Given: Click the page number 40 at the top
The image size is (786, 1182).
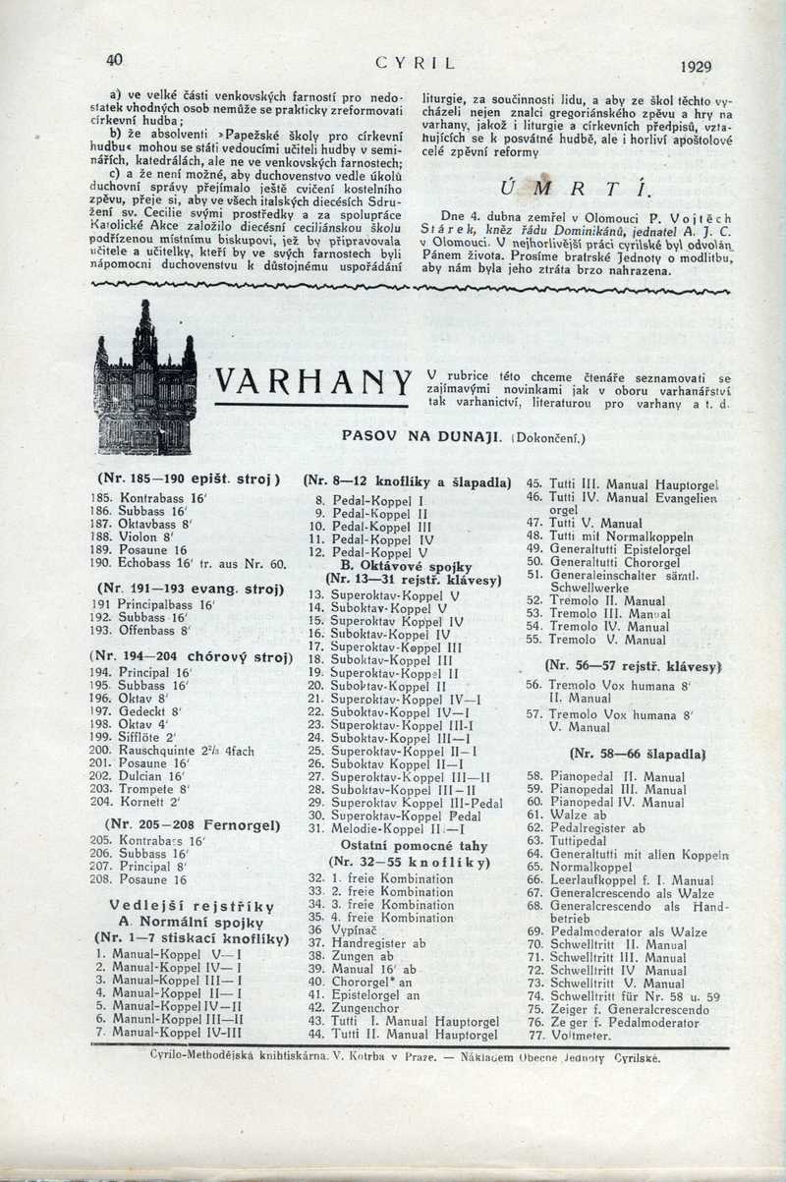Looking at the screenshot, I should tap(115, 59).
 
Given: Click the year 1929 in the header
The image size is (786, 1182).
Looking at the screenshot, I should tap(695, 67).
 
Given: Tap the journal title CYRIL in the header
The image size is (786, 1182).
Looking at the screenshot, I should tap(417, 64).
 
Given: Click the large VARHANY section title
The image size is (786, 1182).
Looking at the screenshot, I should tap(312, 380).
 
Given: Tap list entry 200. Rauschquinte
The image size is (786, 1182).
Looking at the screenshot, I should tap(171, 751).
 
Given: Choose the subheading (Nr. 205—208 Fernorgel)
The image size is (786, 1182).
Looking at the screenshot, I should tap(178, 824).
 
